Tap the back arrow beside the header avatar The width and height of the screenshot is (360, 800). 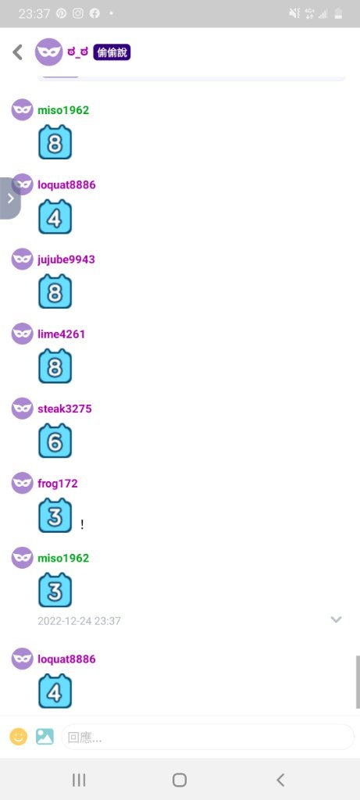pos(18,52)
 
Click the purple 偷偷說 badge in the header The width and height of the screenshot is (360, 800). pos(112,52)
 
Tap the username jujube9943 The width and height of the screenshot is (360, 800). pos(66,259)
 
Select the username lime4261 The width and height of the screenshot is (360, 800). pos(61,334)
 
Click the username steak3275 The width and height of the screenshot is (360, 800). pos(65,409)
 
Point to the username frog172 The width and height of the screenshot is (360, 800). pos(58,483)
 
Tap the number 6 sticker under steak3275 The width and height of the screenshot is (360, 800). pos(55,441)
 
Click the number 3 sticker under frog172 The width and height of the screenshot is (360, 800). pos(55,516)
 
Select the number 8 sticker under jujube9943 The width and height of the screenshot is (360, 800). pos(55,291)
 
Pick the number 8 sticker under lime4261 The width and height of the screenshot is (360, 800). pos(55,366)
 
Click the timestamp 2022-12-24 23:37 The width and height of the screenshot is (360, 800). pos(79,621)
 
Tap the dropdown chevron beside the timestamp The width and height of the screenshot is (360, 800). pos(336,620)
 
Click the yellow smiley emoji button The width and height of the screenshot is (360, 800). pos(19,736)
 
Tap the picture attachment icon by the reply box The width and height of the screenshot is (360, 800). pos(45,736)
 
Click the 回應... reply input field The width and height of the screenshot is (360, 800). pos(208,737)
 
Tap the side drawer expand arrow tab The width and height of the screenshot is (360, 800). pos(10,198)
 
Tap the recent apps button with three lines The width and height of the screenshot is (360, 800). pos(79,780)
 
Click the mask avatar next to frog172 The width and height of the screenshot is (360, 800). pos(23,483)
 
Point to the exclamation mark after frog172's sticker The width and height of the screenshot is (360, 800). pos(82,524)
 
